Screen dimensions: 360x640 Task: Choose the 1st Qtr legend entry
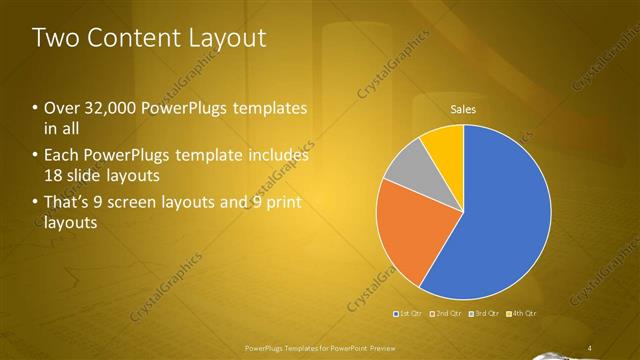pos(410,314)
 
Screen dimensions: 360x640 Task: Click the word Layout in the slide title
pos(229,38)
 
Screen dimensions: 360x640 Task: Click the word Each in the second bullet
pos(61,156)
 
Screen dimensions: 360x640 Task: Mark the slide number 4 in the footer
pos(590,347)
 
